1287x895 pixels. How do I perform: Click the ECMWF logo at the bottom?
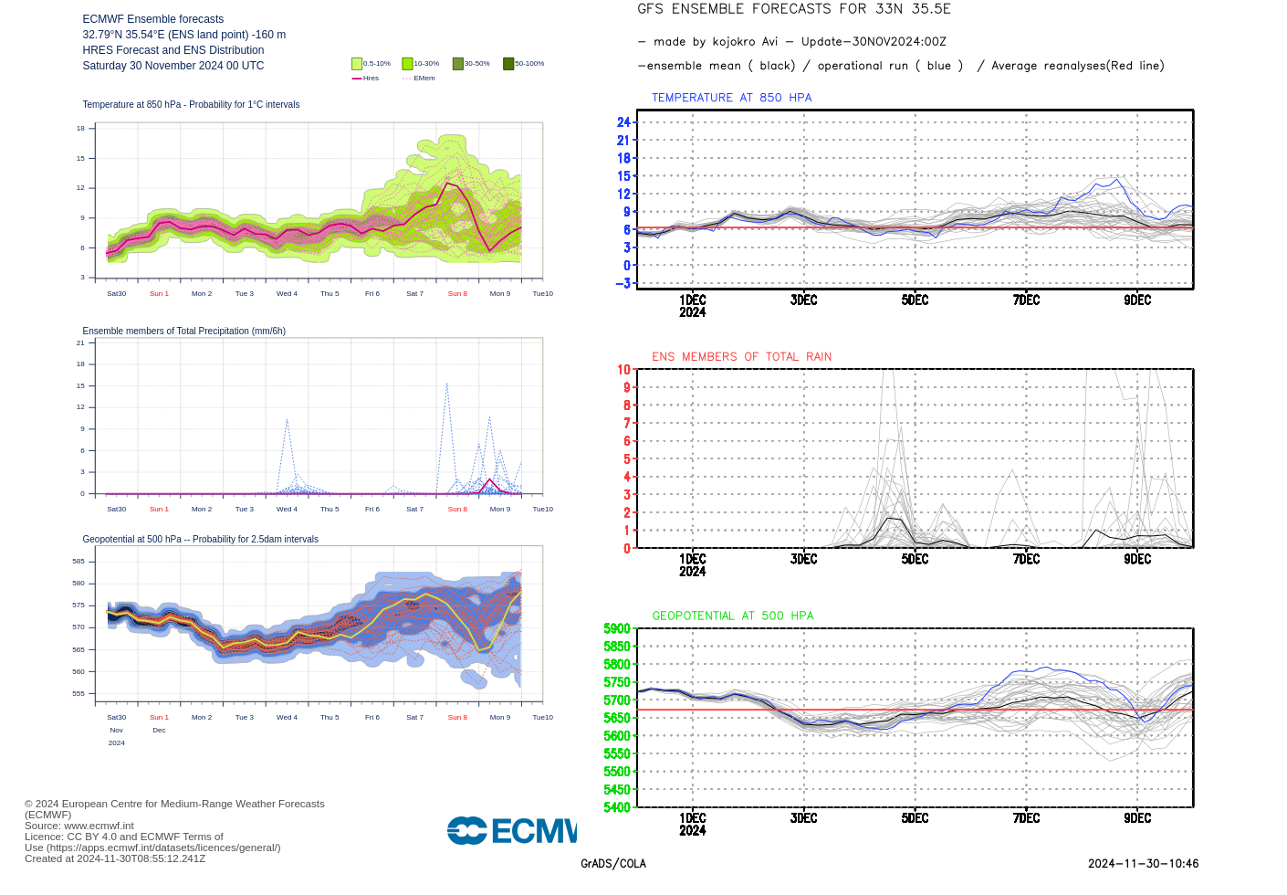[511, 830]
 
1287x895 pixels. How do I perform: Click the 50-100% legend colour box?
[508, 64]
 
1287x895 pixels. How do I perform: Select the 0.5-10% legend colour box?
[357, 64]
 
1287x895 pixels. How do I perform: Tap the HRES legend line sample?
[357, 79]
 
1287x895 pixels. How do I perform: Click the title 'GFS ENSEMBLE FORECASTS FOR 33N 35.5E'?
[793, 9]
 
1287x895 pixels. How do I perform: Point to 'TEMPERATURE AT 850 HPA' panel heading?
[731, 98]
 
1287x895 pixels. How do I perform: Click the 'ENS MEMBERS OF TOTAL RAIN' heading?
[741, 357]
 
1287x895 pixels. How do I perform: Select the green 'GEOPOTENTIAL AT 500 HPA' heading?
[732, 616]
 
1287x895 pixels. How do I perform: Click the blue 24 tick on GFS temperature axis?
[623, 122]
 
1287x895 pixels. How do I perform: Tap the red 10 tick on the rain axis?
[623, 370]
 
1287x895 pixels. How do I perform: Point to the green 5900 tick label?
[617, 629]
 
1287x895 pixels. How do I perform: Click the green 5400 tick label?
[617, 807]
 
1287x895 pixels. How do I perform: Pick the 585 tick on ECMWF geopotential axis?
[78, 562]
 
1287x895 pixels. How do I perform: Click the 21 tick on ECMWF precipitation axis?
[80, 343]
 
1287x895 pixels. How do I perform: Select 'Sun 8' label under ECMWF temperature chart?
[457, 294]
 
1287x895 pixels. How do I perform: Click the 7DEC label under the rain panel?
[1026, 559]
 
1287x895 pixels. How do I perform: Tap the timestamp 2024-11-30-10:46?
[1143, 864]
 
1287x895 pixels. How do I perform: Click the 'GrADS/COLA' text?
[613, 864]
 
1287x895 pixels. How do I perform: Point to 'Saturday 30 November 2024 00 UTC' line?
[173, 66]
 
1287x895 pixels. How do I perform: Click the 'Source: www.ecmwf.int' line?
[79, 826]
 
